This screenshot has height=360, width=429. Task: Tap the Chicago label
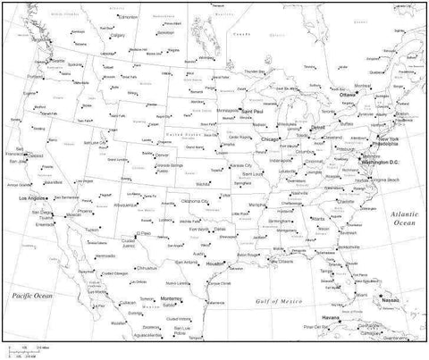[268, 139]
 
